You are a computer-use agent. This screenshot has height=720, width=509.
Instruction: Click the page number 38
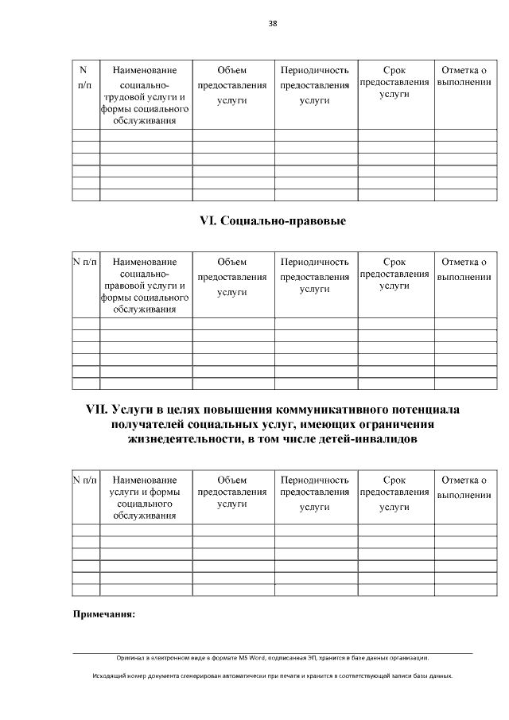pos(273,24)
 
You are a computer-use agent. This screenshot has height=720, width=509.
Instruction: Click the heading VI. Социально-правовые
pos(273,220)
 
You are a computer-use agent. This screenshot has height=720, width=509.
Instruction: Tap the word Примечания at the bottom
pos(104,614)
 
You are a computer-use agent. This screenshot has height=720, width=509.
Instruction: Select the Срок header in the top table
pos(394,71)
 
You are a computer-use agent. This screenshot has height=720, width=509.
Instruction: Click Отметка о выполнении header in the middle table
pos(464,269)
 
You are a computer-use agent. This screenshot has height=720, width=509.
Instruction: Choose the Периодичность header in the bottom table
pos(315,481)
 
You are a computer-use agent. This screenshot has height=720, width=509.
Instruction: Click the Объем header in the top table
pos(232,71)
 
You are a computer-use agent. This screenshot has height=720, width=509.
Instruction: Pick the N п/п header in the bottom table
pos(86,481)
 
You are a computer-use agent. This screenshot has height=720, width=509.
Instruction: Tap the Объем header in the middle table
pos(232,262)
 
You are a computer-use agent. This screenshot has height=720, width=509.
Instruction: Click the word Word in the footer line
pos(256,658)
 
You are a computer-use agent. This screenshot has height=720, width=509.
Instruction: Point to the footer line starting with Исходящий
pos(272,675)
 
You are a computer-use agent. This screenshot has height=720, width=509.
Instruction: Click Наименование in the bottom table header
pos(145,481)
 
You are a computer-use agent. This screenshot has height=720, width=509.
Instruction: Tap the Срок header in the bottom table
pos(394,481)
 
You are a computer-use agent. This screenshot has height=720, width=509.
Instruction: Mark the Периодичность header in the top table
pos(315,71)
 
